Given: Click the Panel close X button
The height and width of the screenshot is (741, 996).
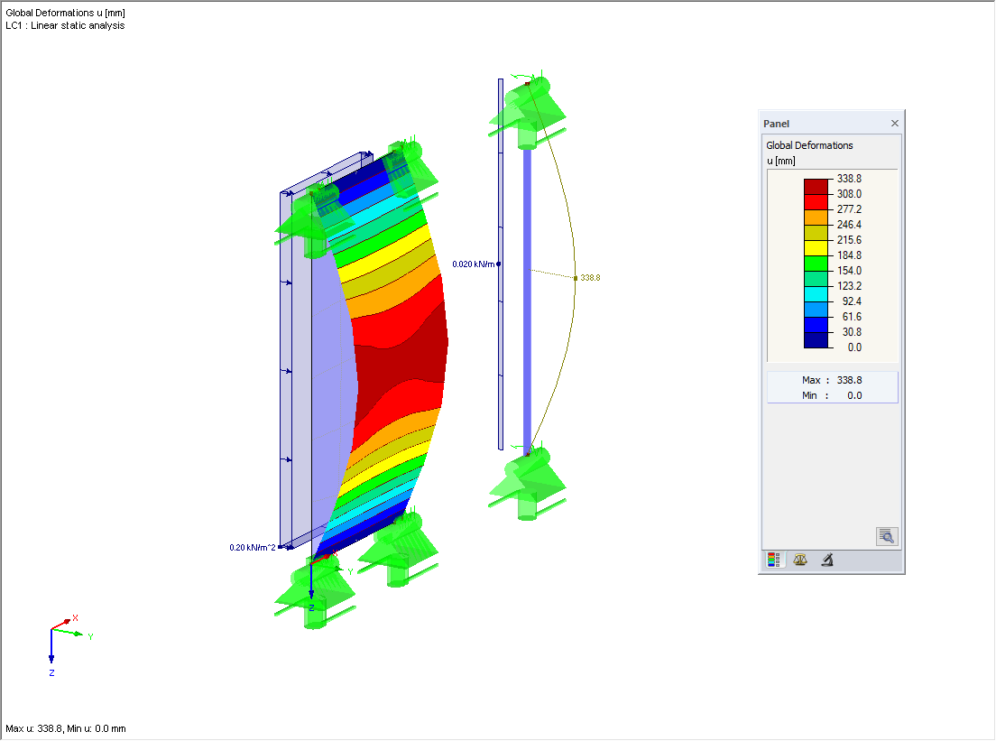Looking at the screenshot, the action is (x=894, y=124).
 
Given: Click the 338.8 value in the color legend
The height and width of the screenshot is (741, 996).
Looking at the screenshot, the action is (x=849, y=179).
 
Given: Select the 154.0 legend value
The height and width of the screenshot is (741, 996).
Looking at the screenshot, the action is (x=849, y=271).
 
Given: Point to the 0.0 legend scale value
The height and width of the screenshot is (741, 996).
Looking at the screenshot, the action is (x=854, y=347).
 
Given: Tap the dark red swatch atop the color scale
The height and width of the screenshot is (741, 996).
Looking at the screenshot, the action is (x=816, y=187).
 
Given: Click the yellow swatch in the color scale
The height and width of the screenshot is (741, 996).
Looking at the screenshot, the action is (x=816, y=248).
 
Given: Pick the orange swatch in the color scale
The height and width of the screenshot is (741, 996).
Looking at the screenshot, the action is (x=816, y=218).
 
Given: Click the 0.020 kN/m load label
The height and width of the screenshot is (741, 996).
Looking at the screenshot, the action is (x=474, y=264).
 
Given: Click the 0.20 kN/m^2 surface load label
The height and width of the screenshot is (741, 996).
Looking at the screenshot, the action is (x=253, y=548).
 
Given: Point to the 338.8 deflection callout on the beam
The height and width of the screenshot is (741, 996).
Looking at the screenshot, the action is (x=590, y=278).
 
